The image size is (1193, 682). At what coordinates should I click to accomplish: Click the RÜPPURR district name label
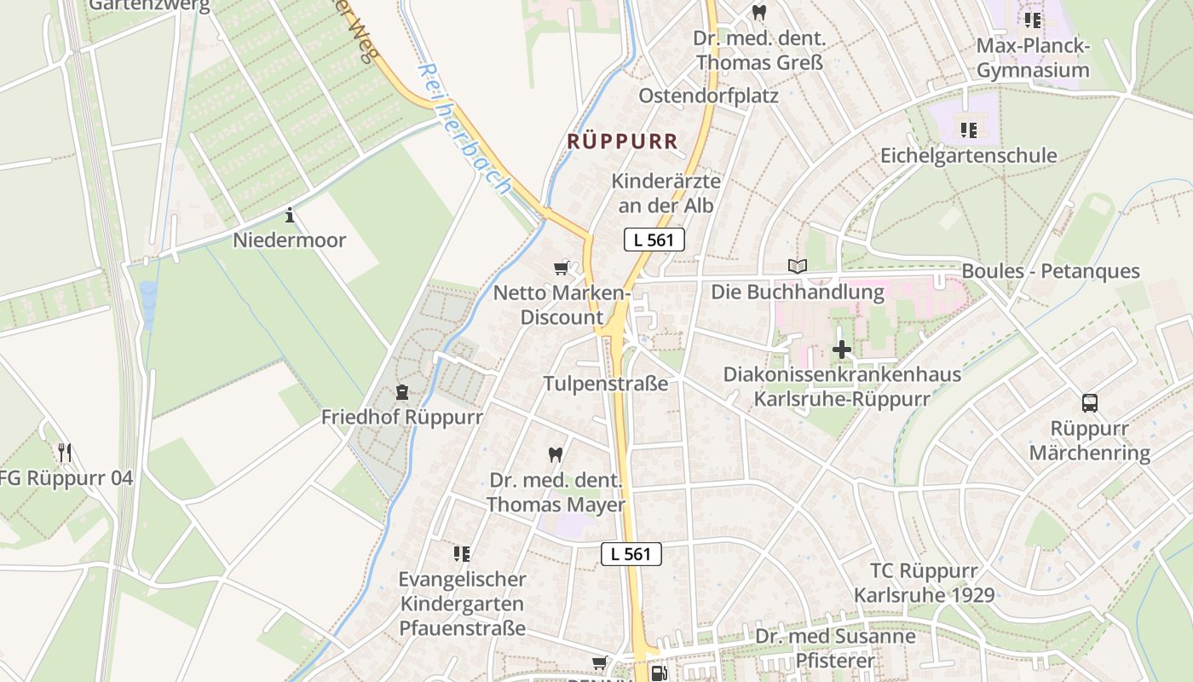tap(623, 142)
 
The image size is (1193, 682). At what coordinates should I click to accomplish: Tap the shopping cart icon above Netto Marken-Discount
tap(561, 269)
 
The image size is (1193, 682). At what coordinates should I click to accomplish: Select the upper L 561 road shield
tap(654, 240)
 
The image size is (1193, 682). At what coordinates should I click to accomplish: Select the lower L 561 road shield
tap(631, 553)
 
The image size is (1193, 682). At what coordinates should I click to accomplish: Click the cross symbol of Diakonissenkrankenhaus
tap(842, 350)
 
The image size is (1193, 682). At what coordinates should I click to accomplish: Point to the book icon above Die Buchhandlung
tap(797, 267)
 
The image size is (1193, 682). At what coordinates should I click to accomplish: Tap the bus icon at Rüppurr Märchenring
tap(1089, 403)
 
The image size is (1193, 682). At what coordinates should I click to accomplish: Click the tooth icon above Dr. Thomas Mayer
tap(556, 455)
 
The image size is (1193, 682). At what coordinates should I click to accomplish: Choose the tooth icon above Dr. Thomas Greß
tap(758, 13)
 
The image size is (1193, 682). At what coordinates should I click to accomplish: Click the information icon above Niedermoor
tap(290, 215)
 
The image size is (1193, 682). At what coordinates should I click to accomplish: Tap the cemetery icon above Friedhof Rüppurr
tap(401, 392)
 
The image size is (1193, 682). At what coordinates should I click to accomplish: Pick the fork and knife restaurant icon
tap(65, 452)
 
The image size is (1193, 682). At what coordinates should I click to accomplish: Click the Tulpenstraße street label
tap(606, 384)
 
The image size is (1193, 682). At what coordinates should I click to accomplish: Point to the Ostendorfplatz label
tap(709, 95)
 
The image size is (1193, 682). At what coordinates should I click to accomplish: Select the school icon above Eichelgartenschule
tap(968, 130)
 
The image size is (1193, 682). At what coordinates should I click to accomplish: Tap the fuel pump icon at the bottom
tap(658, 673)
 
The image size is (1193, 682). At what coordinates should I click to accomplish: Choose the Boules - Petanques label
tap(1050, 271)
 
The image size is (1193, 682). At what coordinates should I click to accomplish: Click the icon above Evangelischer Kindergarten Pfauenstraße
tap(462, 554)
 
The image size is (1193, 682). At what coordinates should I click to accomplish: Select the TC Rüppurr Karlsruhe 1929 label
tap(925, 582)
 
